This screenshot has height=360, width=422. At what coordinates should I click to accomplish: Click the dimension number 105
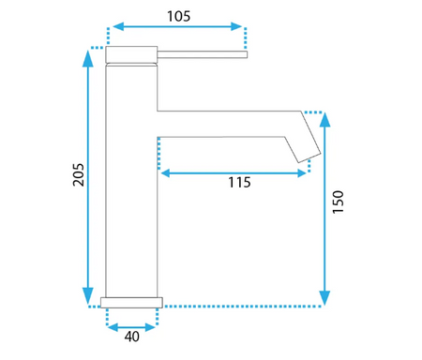click(x=178, y=16)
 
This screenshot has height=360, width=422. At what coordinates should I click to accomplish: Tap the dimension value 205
click(x=79, y=174)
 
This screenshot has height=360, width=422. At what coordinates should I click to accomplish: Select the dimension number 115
click(x=239, y=183)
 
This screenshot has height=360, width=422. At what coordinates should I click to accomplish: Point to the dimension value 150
click(x=338, y=202)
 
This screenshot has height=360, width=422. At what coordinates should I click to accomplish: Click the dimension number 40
click(x=132, y=337)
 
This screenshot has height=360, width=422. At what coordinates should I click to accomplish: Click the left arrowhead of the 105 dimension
click(x=118, y=26)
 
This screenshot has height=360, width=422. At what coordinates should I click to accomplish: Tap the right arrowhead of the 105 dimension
click(x=236, y=26)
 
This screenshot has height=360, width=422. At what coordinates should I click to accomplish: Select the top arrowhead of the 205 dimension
click(x=88, y=58)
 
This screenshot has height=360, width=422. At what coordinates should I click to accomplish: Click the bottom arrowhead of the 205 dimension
click(x=88, y=295)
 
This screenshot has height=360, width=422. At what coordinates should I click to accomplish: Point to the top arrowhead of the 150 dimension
click(x=325, y=119)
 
